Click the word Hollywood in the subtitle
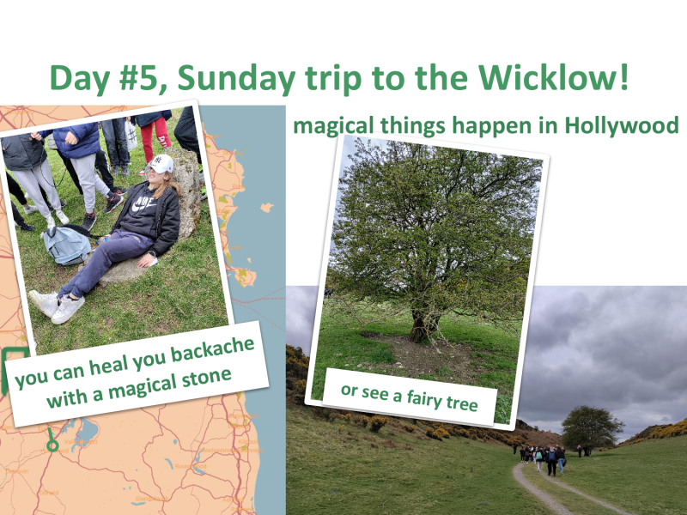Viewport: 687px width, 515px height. (621, 125)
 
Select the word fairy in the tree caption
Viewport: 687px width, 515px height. (424, 398)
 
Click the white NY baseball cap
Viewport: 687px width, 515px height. (160, 163)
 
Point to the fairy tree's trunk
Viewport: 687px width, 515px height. (420, 325)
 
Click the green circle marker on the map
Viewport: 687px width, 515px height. (52, 445)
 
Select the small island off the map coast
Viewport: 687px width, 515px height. (267, 207)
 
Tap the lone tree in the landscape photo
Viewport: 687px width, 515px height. (592, 427)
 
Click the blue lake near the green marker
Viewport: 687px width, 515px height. (87, 429)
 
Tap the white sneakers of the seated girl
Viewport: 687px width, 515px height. (57, 306)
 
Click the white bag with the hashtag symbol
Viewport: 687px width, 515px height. (131, 135)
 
